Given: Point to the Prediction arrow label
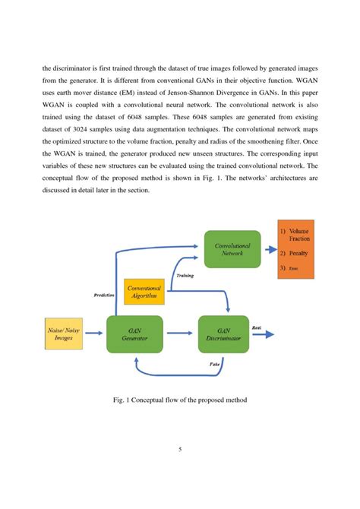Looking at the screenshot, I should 104,293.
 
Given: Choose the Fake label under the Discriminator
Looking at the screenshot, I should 215,365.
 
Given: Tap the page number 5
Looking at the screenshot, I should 180,449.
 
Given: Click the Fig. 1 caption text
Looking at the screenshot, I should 179,400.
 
